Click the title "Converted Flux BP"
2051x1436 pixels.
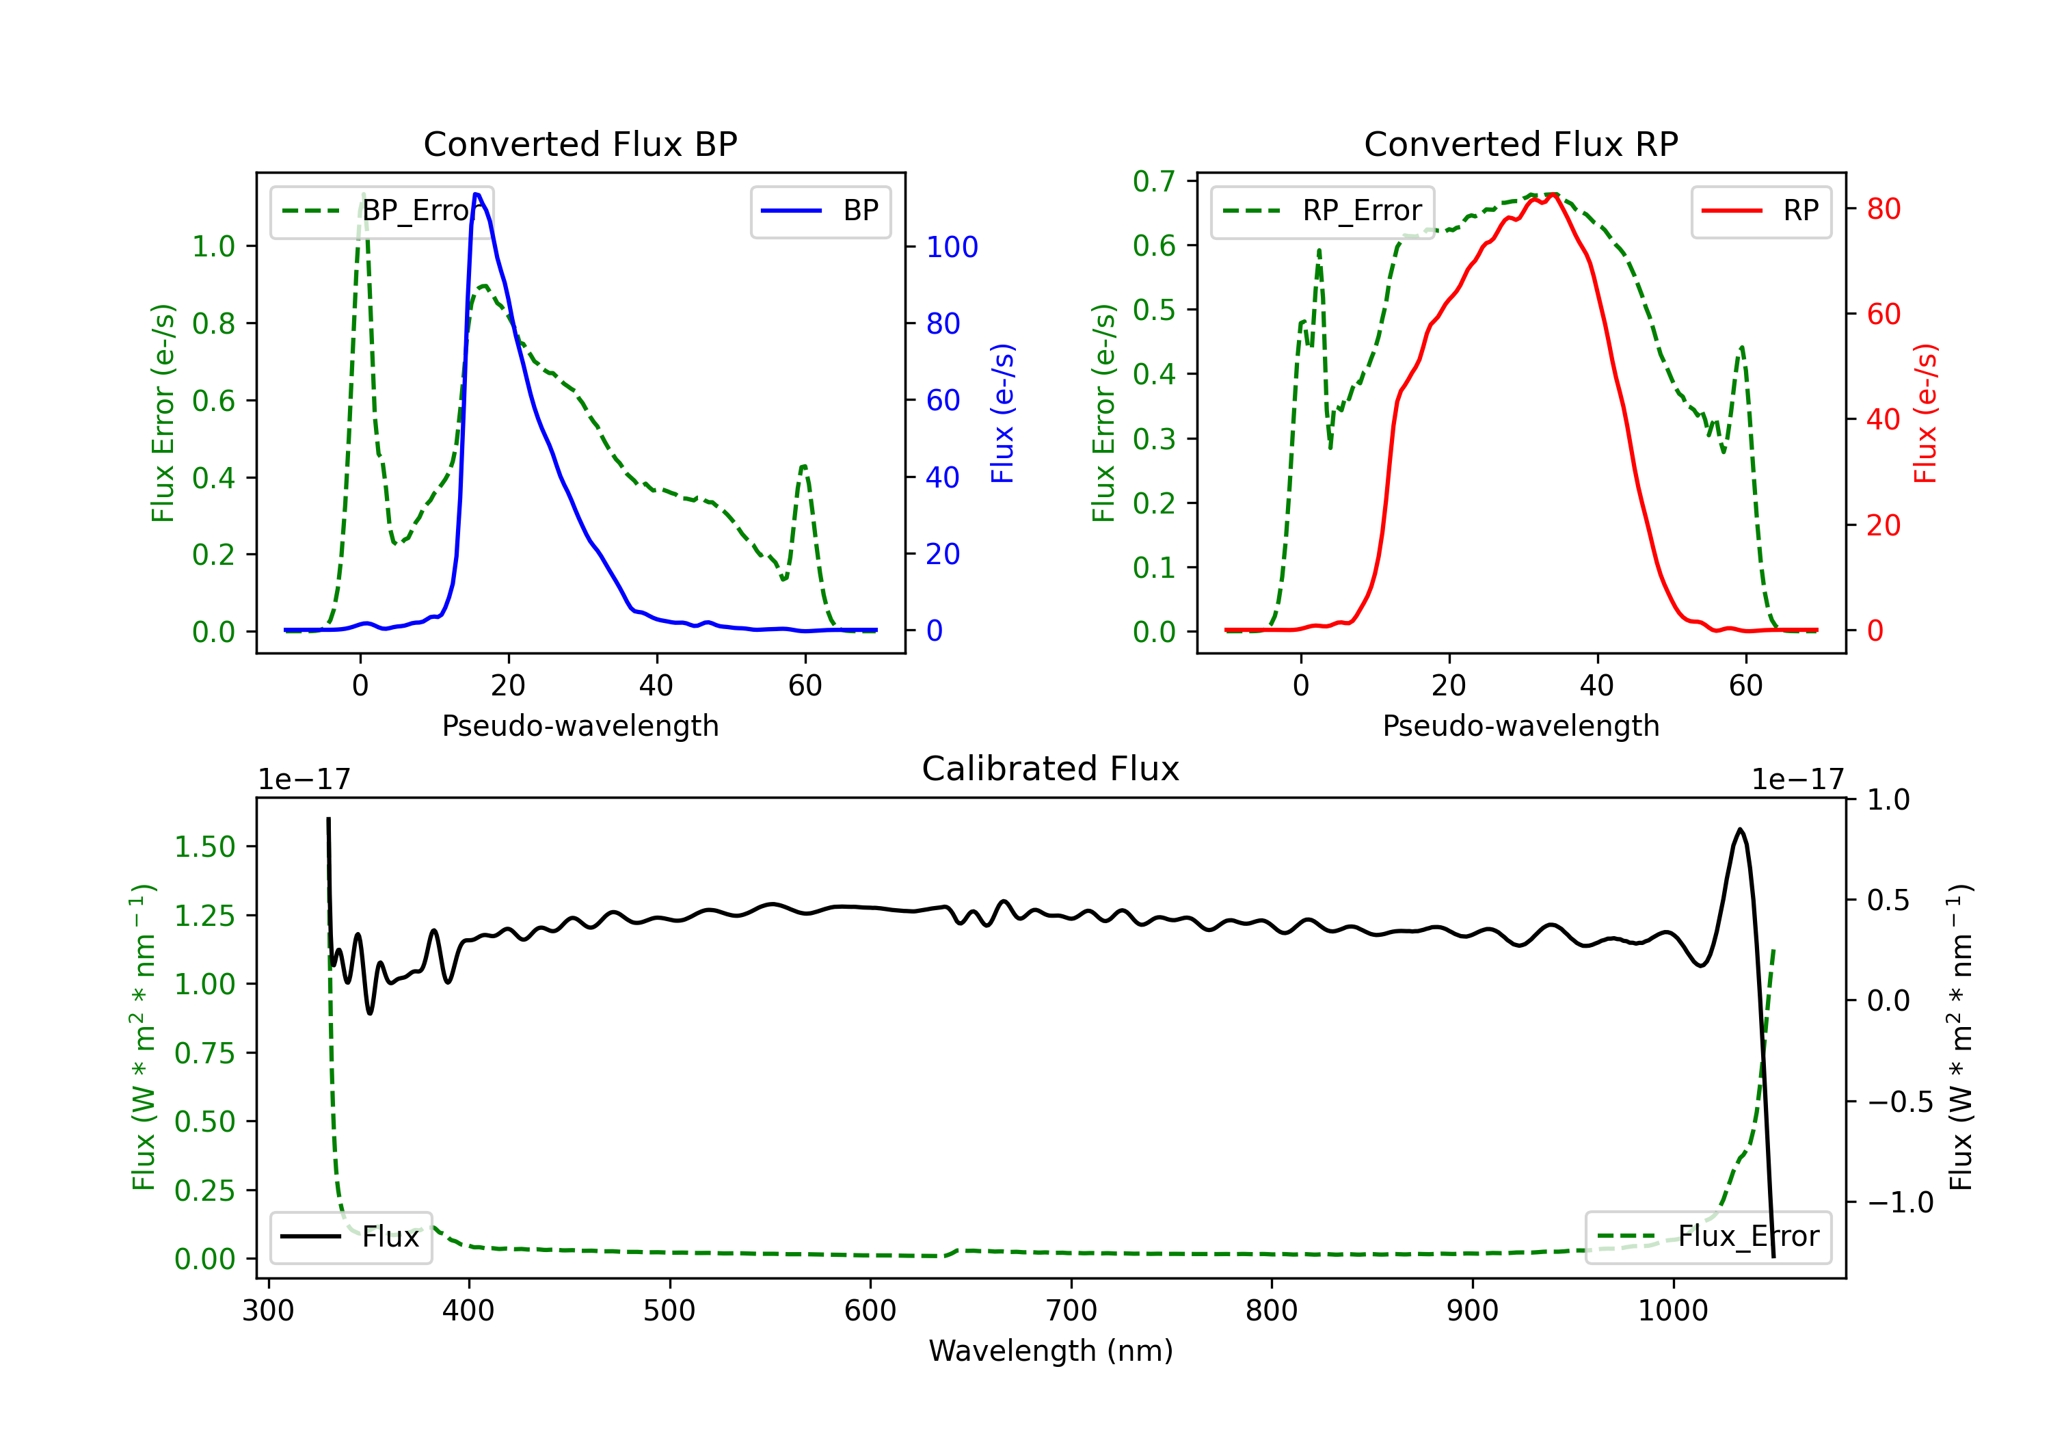(580, 144)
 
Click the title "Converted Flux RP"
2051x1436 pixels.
(1520, 144)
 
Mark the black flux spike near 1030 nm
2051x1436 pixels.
(1739, 830)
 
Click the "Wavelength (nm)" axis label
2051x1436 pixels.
(1051, 1351)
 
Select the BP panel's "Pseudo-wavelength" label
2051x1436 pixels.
(580, 726)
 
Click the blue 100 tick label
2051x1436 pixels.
(952, 248)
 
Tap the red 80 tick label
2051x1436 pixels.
(1883, 209)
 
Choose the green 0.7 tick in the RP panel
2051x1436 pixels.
(1153, 181)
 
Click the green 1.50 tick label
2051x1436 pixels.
(204, 847)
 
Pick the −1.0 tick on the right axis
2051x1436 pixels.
(1899, 1203)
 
